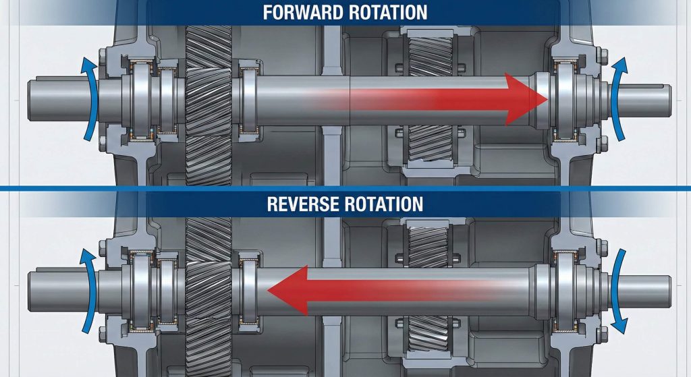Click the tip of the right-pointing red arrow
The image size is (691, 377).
click(546, 100)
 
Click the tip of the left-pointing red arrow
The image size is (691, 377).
click(269, 290)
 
